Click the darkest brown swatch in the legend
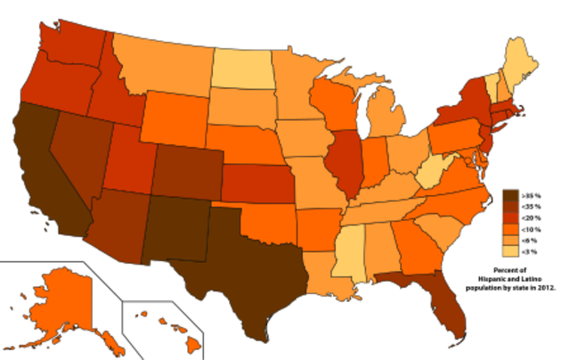point(510,194)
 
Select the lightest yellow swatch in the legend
point(510,250)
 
